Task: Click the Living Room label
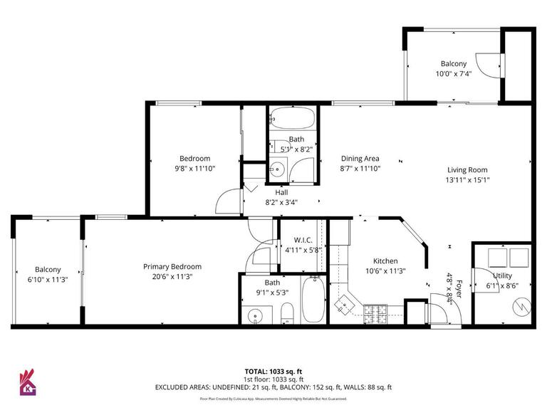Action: click(467, 169)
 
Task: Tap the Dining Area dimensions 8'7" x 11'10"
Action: click(360, 169)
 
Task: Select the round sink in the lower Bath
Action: click(254, 315)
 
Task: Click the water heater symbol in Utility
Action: click(521, 306)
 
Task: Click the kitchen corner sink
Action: click(345, 305)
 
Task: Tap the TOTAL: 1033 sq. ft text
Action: click(273, 371)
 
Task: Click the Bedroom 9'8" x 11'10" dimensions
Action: click(194, 169)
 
